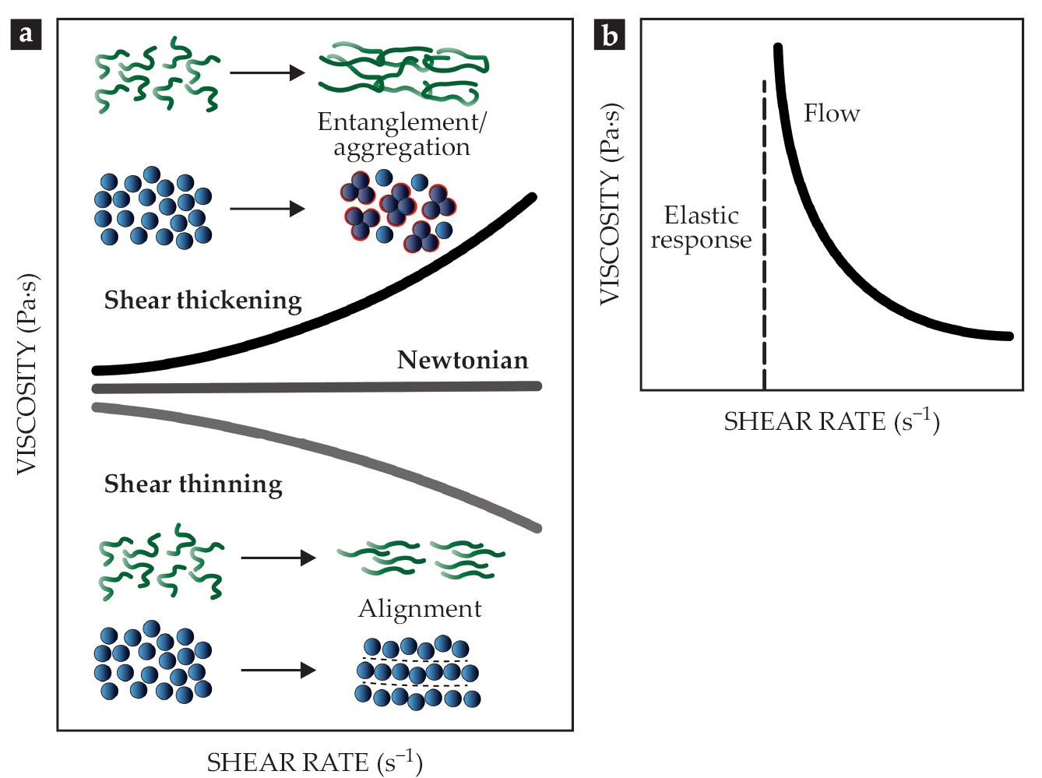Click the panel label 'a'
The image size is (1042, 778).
click(x=26, y=35)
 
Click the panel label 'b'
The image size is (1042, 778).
click(x=610, y=35)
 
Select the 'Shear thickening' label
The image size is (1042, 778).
click(x=202, y=300)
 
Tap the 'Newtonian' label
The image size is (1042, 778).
click(x=463, y=360)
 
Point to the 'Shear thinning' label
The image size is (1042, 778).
click(x=193, y=484)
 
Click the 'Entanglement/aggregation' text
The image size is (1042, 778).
click(x=402, y=135)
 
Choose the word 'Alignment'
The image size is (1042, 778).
click(x=420, y=608)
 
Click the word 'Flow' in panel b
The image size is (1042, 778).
click(x=831, y=114)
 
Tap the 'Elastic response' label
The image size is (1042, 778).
click(x=701, y=227)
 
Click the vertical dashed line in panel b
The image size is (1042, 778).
click(x=764, y=234)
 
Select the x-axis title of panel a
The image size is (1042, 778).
click(x=315, y=762)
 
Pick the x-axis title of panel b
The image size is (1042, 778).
click(x=831, y=421)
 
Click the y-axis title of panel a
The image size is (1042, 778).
click(x=28, y=374)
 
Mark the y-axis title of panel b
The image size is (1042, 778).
click(x=611, y=202)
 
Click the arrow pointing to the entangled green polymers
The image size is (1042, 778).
click(x=266, y=73)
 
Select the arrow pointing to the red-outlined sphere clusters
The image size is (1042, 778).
click(x=266, y=209)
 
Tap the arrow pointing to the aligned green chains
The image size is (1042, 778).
click(x=278, y=558)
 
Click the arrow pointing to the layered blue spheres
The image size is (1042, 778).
click(x=278, y=671)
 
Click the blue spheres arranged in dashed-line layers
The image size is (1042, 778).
click(x=417, y=671)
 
